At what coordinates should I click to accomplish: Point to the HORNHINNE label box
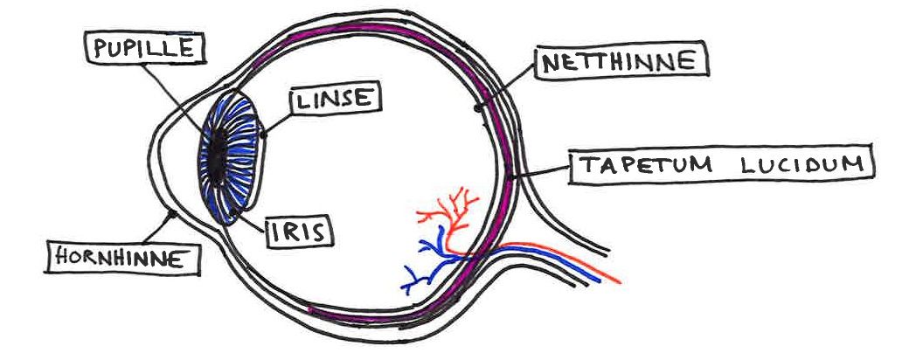(x=121, y=257)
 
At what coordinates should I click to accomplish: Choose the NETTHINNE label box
(x=620, y=63)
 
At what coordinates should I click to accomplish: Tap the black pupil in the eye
(x=215, y=157)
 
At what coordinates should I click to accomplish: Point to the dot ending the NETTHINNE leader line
(x=478, y=107)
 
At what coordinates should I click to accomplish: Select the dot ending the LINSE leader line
(x=263, y=134)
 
